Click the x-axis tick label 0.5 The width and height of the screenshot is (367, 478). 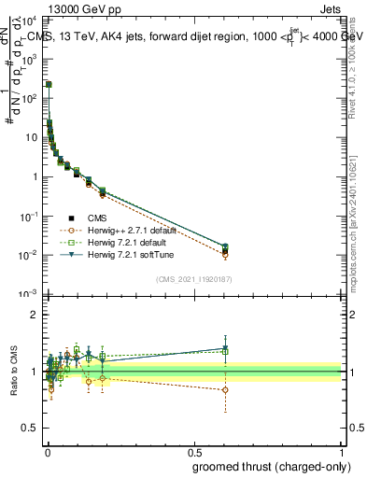pos(194,452)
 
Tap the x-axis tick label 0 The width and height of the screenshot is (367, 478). pos(47,452)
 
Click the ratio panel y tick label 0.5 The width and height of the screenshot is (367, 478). pos(29,429)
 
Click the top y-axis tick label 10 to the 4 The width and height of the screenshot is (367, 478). pos(30,19)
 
